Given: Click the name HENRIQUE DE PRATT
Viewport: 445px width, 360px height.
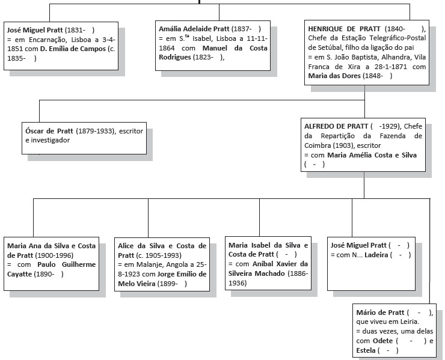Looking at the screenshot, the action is [344, 29].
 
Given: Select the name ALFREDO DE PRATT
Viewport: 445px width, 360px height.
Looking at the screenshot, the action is [336, 126].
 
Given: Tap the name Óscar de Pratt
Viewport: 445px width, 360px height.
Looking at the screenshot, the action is [49, 131].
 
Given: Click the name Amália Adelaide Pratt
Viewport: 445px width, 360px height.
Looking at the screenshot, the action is [194, 29].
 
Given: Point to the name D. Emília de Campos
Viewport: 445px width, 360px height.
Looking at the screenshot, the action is [73, 49].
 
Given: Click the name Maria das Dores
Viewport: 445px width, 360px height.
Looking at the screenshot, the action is [334, 76].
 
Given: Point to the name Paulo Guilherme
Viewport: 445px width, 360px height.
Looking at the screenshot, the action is [66, 264].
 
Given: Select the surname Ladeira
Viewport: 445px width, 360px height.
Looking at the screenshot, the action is [376, 255].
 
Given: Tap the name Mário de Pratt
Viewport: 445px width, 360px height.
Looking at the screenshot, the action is [380, 313].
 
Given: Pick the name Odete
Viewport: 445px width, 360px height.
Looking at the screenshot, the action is [382, 341].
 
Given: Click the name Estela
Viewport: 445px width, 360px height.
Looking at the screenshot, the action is [366, 350].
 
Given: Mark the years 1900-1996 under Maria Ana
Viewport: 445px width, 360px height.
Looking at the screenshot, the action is [54, 255].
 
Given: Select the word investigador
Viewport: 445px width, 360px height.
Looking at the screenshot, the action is [51, 140].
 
